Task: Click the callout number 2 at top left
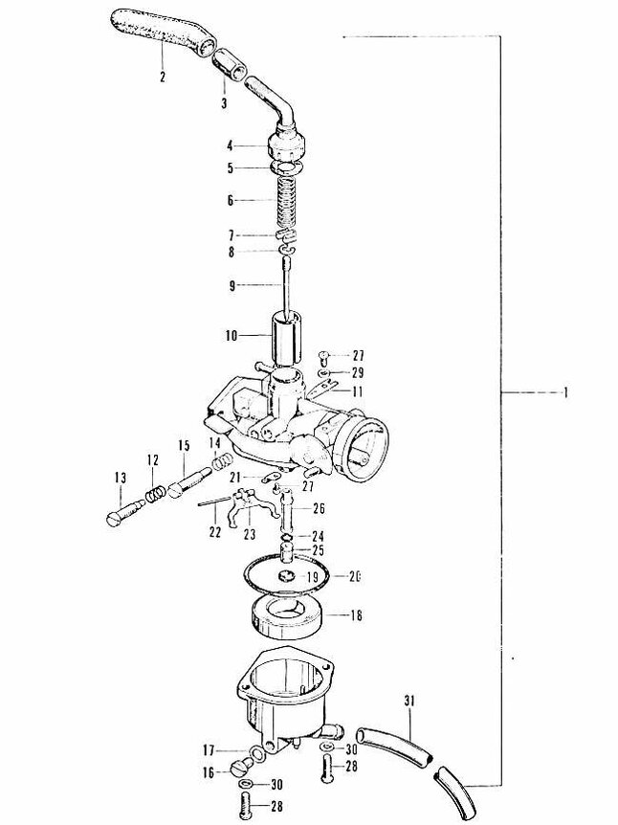tap(163, 76)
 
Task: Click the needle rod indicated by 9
tap(287, 284)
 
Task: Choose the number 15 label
tap(182, 446)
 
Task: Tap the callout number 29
tap(359, 371)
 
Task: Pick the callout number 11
tap(359, 392)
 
